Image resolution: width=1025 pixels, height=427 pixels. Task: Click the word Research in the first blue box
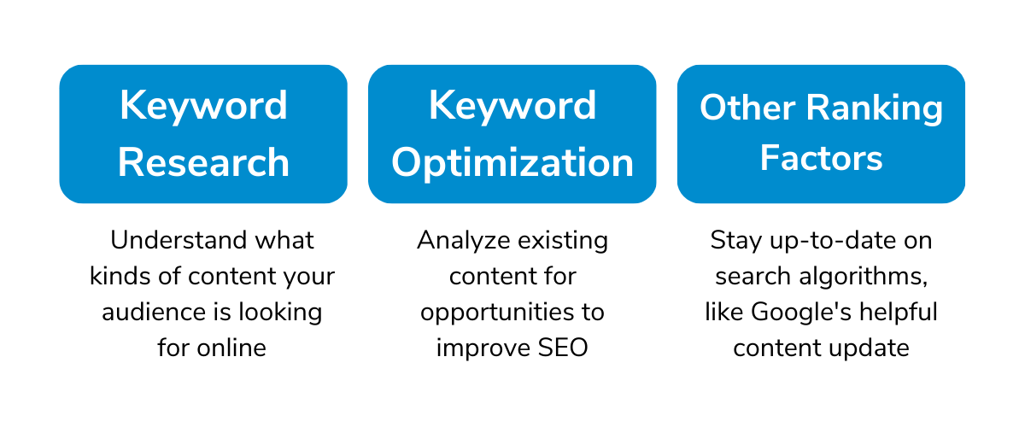click(203, 162)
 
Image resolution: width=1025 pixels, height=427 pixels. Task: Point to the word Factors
click(822, 158)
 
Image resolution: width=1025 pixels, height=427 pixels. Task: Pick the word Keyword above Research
click(203, 106)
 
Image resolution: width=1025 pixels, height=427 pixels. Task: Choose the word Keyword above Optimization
click(512, 106)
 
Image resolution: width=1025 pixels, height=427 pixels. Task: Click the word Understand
click(179, 240)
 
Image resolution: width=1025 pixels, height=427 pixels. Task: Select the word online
click(231, 348)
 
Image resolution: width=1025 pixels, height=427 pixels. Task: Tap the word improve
click(483, 349)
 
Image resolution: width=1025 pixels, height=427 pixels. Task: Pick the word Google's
click(801, 313)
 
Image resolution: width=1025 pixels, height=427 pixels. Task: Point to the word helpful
click(899, 313)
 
